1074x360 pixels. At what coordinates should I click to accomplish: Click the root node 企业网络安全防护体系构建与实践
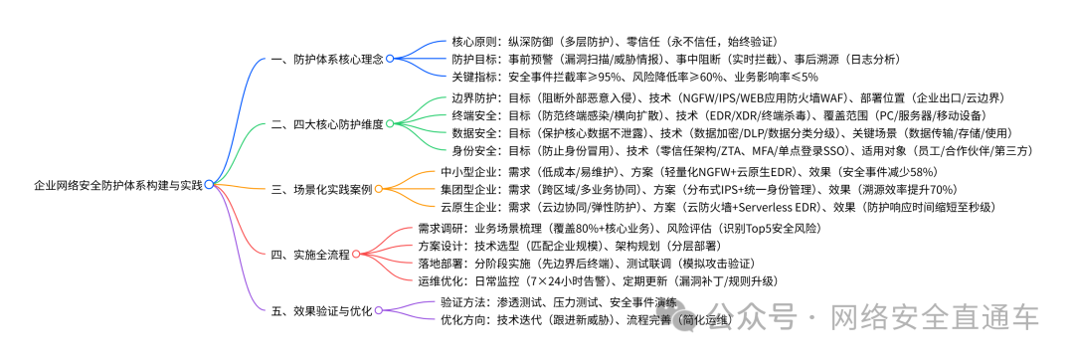tap(117, 185)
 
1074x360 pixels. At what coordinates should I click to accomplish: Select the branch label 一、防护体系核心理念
tap(327, 60)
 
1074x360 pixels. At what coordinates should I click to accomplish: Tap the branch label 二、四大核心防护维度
tap(327, 124)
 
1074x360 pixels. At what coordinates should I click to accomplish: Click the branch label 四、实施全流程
tap(310, 255)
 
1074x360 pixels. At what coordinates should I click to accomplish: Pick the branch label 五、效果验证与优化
tap(320, 311)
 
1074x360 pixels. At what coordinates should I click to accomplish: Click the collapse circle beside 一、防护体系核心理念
tap(391, 60)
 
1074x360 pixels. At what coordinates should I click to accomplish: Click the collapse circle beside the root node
tap(209, 185)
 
